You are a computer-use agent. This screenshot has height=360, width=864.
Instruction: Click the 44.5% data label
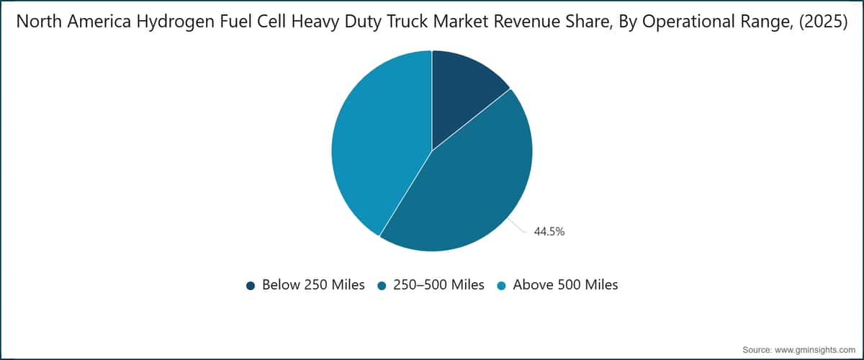[549, 232]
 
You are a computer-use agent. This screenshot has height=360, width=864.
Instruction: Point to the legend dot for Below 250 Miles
[251, 286]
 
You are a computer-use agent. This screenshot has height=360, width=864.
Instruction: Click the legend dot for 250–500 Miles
[382, 286]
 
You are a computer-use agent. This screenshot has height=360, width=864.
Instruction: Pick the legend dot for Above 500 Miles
[501, 286]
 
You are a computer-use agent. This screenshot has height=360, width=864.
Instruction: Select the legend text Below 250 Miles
[313, 284]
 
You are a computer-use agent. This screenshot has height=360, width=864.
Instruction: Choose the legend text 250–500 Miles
[438, 284]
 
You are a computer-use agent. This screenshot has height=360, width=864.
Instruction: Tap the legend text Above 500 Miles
[565, 284]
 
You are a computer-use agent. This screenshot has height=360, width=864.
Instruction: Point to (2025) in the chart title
[823, 22]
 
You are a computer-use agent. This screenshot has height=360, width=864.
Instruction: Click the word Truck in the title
[408, 22]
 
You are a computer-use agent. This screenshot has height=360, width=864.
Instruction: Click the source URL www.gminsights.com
[814, 350]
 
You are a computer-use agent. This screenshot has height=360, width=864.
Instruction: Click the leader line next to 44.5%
[517, 226]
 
